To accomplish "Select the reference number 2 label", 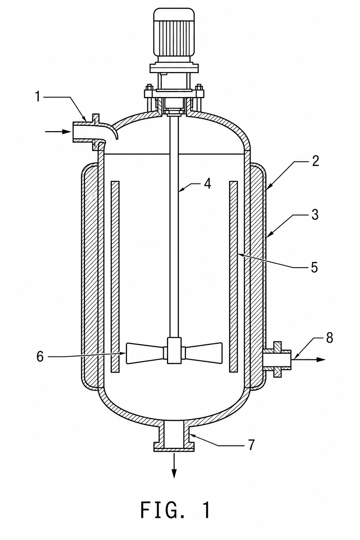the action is [314, 161].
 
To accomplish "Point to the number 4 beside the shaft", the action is [207, 184].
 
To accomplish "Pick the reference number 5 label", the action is [314, 267].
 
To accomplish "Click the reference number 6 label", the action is [40, 356].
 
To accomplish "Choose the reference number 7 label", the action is [251, 444].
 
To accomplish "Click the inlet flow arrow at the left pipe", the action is [57, 131].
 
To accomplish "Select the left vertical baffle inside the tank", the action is [115, 277].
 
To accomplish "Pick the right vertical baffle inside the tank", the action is [233, 277].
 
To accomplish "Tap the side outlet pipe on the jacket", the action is [277, 359].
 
